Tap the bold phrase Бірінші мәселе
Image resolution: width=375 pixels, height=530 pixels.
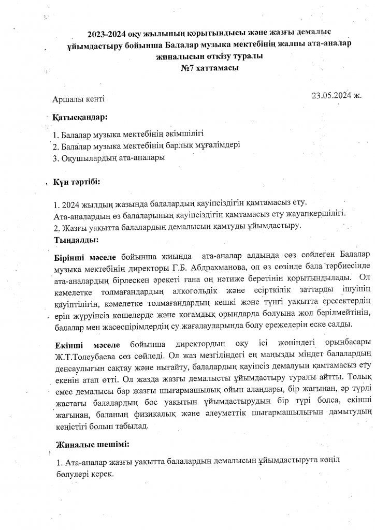click(x=85, y=256)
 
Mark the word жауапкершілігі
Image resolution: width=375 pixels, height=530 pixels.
click(x=317, y=213)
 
